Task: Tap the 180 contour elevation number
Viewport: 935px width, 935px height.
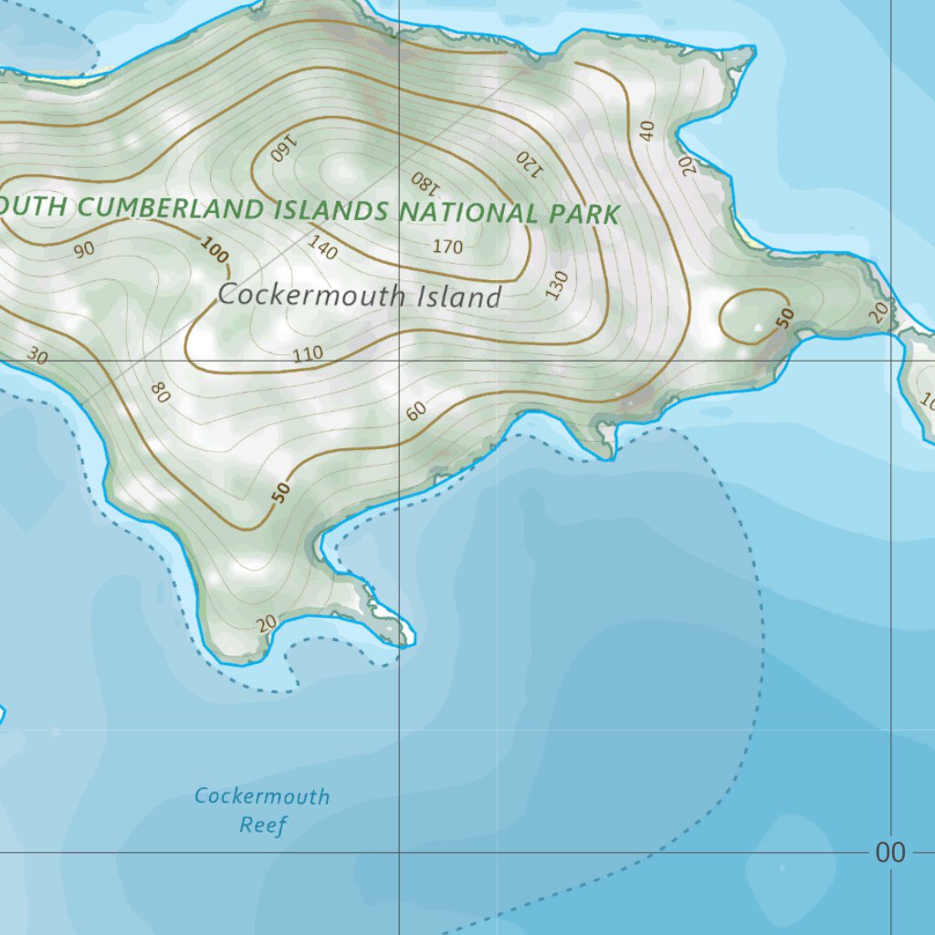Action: click(425, 182)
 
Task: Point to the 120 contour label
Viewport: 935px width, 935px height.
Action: click(529, 163)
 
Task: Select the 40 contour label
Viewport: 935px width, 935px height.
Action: click(647, 131)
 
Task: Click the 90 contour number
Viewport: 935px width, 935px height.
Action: click(85, 248)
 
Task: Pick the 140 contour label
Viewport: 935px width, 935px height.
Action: click(323, 247)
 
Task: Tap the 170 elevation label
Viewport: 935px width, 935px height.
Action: click(447, 247)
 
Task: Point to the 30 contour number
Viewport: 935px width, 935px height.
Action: click(37, 354)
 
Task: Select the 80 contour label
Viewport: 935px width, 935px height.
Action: click(161, 393)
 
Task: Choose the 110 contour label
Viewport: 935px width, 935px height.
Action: click(309, 354)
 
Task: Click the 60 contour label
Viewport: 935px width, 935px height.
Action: click(416, 411)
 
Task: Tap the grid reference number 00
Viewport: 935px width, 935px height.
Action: click(890, 853)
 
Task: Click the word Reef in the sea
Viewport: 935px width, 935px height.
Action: click(263, 825)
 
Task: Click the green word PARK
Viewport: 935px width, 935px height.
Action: click(584, 215)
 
